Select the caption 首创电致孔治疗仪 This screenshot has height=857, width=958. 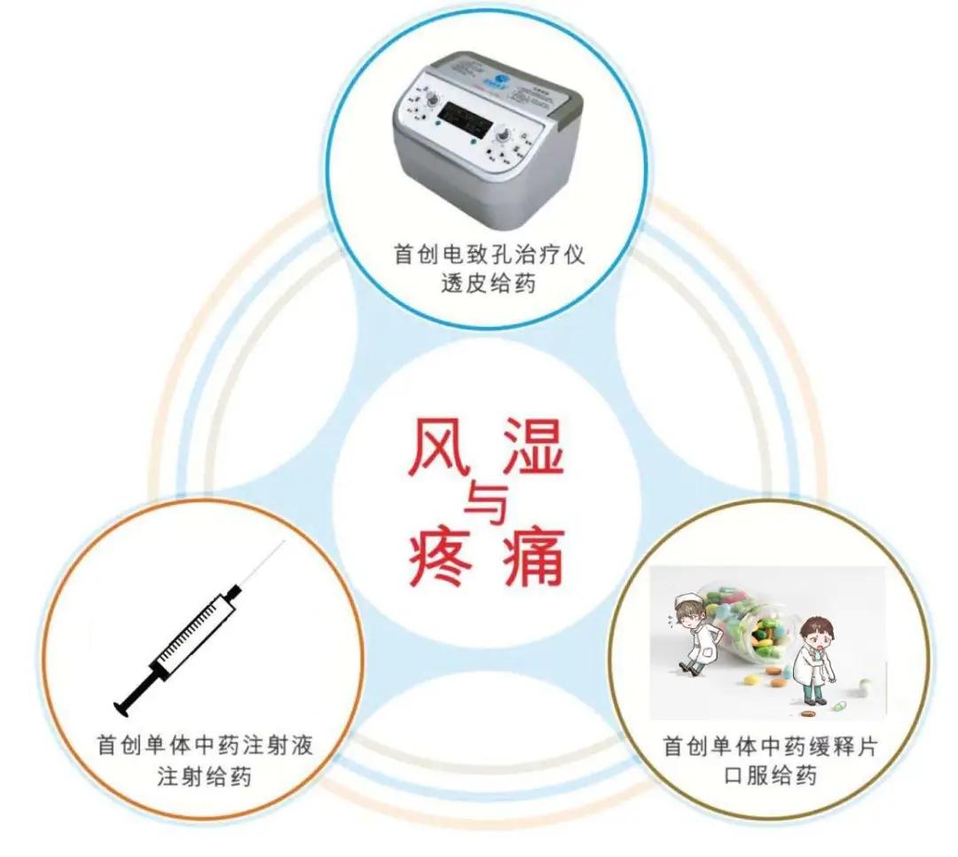(x=489, y=255)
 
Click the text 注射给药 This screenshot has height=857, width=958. (x=204, y=776)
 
